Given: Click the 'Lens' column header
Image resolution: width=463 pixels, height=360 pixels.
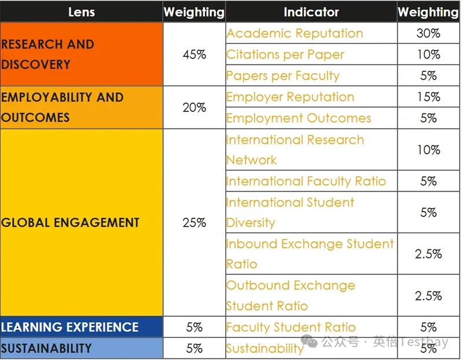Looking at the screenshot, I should (81, 12).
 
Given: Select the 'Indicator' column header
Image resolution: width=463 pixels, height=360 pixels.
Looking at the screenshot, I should (311, 12).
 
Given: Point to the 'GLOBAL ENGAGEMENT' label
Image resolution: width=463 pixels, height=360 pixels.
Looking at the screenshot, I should (70, 222).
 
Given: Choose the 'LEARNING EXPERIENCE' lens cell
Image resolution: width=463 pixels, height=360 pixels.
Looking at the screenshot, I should (70, 327).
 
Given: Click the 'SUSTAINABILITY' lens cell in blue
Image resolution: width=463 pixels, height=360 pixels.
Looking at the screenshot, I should (46, 348).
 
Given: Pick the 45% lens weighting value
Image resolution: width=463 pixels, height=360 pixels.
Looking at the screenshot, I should (194, 54).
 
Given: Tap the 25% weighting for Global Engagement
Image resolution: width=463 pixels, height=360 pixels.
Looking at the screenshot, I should (194, 222).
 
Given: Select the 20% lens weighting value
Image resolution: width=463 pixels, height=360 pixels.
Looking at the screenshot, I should (194, 107).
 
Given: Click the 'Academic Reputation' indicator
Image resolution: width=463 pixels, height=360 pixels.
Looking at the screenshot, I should (295, 33).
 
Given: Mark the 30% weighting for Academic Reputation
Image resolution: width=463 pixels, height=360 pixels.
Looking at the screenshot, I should (428, 33).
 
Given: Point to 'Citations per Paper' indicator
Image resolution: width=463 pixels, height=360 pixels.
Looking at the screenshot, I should (285, 54).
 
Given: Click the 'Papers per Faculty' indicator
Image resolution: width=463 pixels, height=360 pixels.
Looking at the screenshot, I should (282, 76).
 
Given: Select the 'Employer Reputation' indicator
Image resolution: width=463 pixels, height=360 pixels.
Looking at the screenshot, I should (290, 97).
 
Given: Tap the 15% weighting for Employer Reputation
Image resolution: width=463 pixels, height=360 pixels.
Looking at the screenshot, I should (428, 97).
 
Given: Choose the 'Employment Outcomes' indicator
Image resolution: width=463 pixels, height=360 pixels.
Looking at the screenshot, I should (298, 118).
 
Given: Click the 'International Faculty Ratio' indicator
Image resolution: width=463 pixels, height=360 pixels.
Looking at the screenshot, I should (306, 181).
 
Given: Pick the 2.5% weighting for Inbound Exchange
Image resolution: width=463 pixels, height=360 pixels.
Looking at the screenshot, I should (428, 254).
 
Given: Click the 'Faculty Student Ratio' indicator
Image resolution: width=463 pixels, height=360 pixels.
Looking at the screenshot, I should (291, 327).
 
